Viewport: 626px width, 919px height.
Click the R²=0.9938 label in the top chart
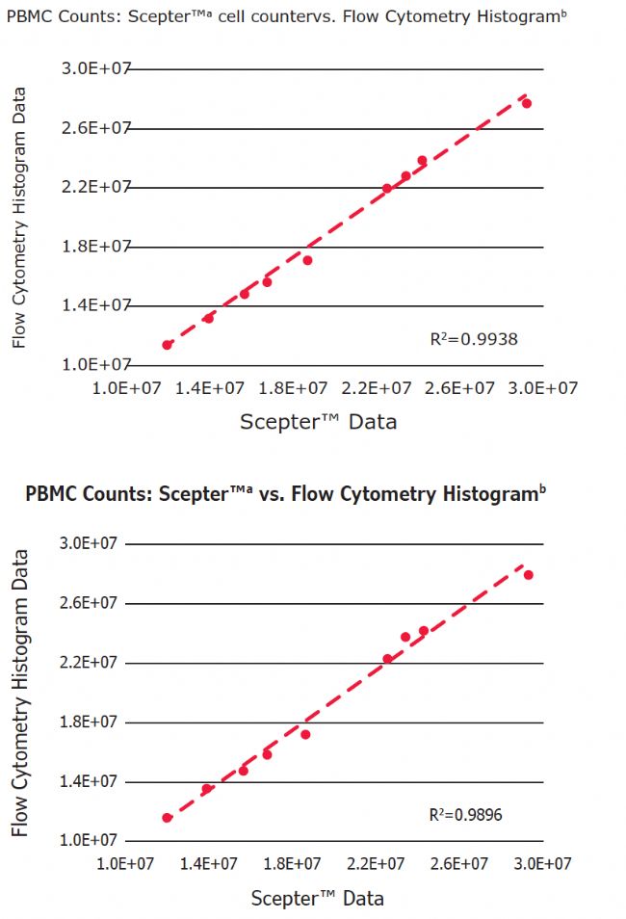click(474, 338)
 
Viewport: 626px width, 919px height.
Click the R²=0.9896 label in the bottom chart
click(465, 815)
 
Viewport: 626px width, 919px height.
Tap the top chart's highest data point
click(527, 103)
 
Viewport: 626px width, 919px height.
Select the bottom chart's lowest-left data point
click(168, 818)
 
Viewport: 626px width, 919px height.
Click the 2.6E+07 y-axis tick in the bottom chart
click(90, 603)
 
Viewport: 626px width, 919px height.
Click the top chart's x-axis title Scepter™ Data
click(318, 421)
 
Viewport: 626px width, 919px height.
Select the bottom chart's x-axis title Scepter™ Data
click(317, 899)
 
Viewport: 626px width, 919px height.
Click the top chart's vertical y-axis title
click(18, 217)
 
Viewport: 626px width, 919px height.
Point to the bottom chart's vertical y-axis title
click(19, 693)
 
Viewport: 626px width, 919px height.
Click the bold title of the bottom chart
click(286, 495)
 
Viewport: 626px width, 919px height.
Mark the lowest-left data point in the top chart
click(168, 345)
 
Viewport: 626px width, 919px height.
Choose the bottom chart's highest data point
click(529, 575)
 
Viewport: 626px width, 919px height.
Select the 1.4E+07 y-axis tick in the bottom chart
click(90, 781)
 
